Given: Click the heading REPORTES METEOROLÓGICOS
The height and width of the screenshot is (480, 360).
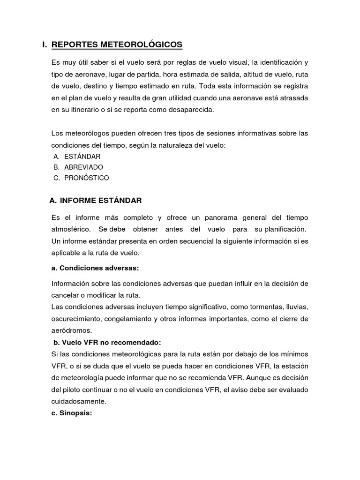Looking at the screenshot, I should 117,45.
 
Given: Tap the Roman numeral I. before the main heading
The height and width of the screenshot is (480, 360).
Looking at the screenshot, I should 45,45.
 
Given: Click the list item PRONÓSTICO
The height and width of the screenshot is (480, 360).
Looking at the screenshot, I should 87,178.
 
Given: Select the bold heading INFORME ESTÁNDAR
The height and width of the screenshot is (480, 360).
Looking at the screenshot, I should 101,201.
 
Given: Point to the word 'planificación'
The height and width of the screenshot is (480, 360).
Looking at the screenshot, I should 279,229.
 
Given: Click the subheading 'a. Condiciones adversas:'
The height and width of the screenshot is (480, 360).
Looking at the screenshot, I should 95,268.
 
